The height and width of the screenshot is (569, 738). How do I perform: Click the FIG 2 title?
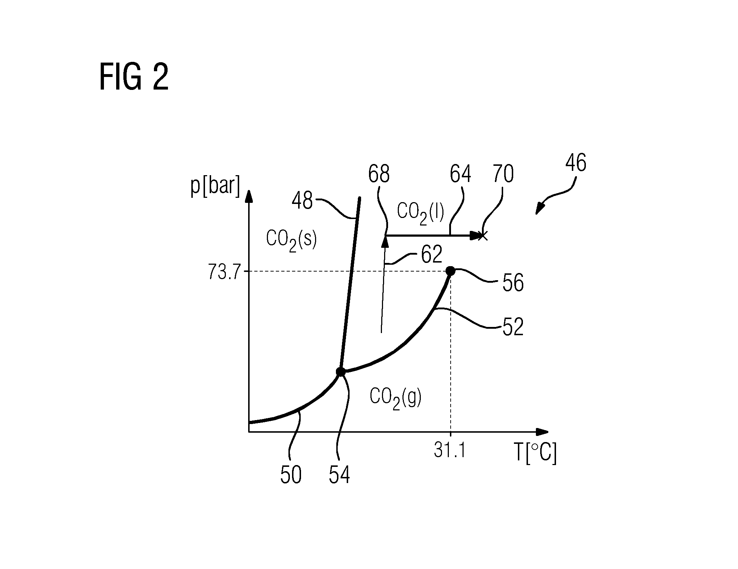point(134,77)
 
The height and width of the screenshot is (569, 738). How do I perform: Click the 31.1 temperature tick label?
point(450,450)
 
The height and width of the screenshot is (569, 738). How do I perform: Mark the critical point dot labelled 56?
point(450,271)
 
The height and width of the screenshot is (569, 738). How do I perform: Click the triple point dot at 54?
point(340,372)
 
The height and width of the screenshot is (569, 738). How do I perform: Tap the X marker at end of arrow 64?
point(483,236)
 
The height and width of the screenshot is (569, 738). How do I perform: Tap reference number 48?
point(302,201)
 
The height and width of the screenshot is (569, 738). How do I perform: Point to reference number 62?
point(431,255)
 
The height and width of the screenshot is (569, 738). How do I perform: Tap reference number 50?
point(291,475)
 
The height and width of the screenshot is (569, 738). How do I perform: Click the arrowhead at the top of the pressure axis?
point(249,197)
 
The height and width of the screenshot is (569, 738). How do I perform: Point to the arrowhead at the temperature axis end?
point(542,432)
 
